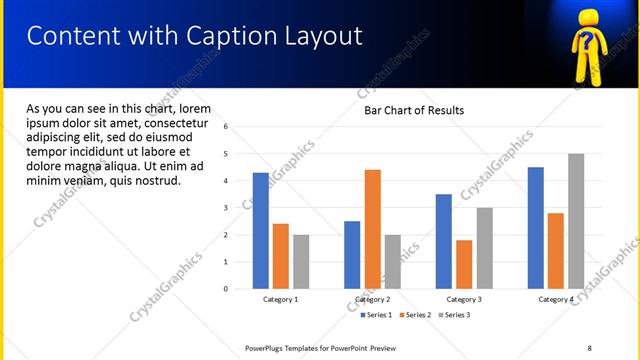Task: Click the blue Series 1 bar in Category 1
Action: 261,231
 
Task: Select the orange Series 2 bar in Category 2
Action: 372,229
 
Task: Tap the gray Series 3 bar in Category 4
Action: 576,221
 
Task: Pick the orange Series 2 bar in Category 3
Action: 464,264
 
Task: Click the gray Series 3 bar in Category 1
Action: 301,262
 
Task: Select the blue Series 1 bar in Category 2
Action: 352,255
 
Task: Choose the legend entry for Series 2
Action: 415,315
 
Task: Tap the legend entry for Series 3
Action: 453,315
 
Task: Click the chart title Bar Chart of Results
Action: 413,110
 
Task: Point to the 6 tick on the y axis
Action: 226,127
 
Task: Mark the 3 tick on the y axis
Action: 226,208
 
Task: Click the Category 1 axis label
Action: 280,299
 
